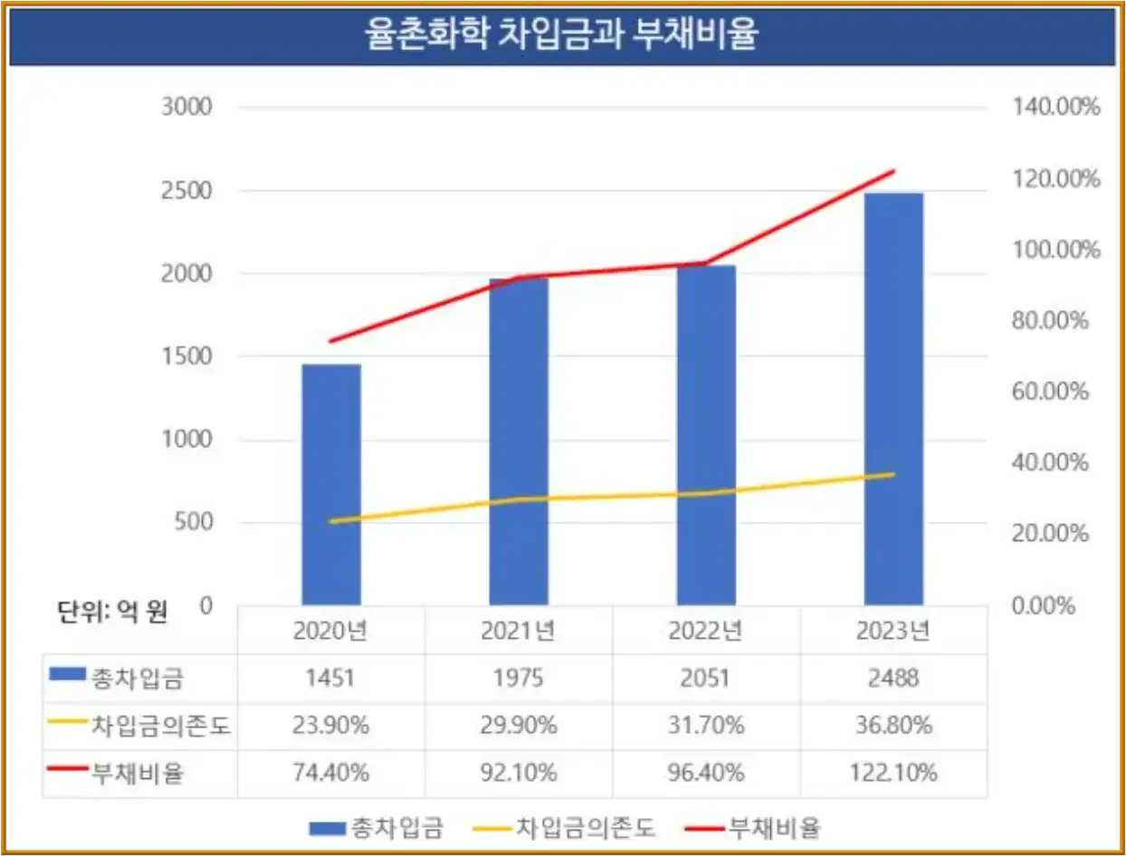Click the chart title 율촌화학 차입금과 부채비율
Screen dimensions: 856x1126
561,37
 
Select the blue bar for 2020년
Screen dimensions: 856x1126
331,484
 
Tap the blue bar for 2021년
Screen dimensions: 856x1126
519,442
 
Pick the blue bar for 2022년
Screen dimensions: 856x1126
706,435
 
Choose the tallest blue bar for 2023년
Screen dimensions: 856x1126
893,399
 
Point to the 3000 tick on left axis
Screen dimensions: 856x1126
186,108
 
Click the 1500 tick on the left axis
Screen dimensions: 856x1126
186,357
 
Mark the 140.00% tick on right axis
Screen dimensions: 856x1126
1053,108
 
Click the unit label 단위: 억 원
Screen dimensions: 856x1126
108,612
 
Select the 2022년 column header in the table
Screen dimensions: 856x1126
706,631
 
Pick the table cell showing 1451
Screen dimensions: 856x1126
331,678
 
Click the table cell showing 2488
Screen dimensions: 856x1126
893,678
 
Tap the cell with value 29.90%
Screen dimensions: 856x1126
519,725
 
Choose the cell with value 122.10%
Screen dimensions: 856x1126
893,773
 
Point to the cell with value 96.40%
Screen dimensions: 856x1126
706,773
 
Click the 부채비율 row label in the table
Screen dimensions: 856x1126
136,773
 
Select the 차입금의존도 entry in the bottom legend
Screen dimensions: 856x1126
585,827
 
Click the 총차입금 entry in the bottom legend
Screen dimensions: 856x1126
399,827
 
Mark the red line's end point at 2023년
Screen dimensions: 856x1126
893,171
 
